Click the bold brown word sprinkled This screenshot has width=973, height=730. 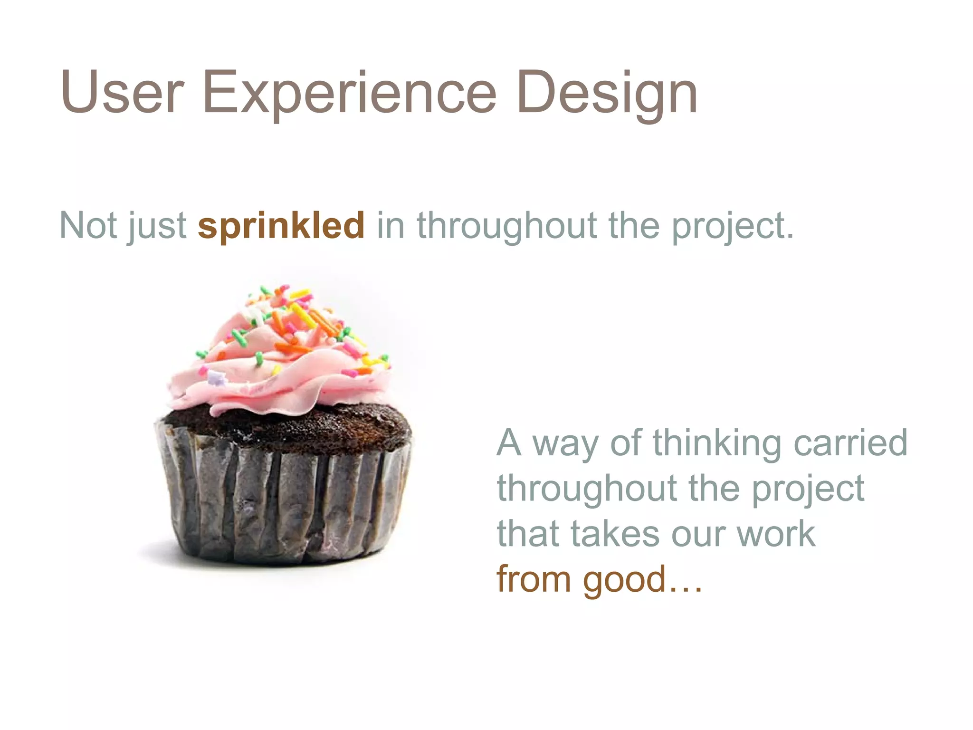tap(281, 225)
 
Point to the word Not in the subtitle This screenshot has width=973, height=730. tap(88, 225)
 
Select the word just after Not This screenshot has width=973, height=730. tap(157, 226)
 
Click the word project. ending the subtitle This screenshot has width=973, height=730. tap(732, 226)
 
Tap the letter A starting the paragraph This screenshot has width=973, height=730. tap(509, 442)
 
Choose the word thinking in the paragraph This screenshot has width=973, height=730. tap(717, 443)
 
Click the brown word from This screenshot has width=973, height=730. tap(534, 579)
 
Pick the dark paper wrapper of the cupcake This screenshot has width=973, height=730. tap(285, 504)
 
